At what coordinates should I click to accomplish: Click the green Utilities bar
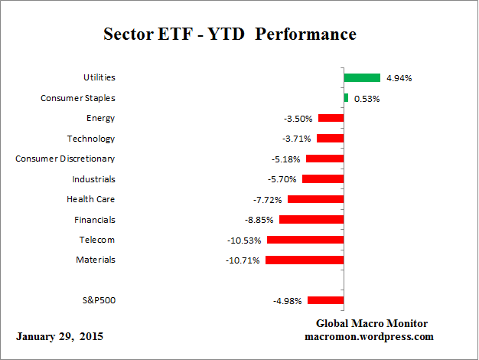click(362, 77)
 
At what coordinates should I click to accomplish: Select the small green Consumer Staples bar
click(346, 98)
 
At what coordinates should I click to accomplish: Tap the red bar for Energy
click(331, 118)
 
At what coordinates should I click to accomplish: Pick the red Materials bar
click(304, 260)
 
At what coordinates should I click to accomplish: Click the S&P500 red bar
click(325, 300)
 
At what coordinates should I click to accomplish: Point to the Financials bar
click(311, 219)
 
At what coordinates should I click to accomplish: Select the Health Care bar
click(315, 199)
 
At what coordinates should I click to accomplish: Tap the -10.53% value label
click(244, 240)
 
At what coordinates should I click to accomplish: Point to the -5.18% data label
click(283, 159)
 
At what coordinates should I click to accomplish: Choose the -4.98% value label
click(288, 300)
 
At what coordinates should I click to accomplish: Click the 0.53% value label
click(367, 98)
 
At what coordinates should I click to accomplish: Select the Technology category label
click(91, 139)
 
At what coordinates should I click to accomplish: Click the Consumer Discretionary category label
click(66, 159)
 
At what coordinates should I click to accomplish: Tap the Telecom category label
click(97, 240)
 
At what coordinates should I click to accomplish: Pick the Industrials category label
click(93, 179)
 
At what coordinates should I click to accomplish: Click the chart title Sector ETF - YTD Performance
click(230, 35)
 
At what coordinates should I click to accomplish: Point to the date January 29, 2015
click(59, 336)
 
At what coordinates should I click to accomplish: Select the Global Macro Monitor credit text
click(371, 323)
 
